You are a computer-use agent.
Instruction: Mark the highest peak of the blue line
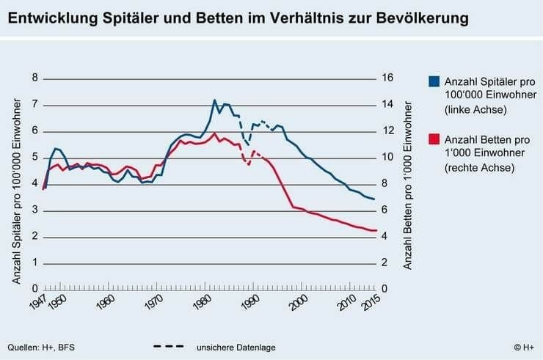(x=214, y=100)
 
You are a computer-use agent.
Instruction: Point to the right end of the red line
(x=375, y=231)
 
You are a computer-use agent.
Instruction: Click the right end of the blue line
(x=375, y=199)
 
